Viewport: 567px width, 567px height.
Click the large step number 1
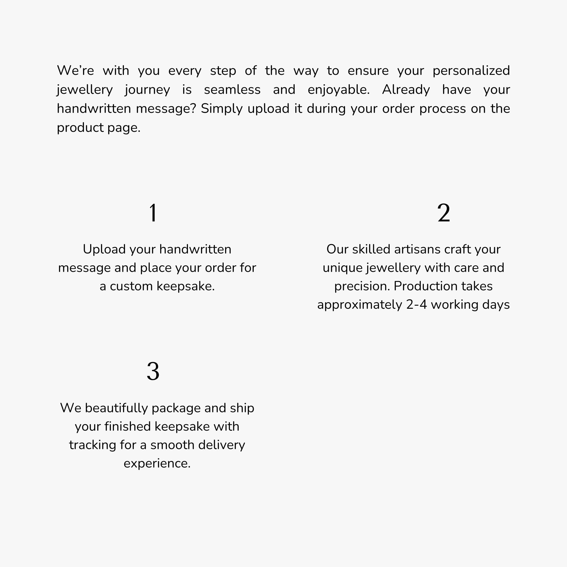pyautogui.click(x=153, y=213)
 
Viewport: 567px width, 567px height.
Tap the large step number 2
pyautogui.click(x=443, y=213)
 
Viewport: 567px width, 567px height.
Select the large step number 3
pyautogui.click(x=153, y=372)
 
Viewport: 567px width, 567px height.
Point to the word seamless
pyautogui.click(x=232, y=90)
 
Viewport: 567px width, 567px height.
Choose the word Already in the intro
pyautogui.click(x=406, y=90)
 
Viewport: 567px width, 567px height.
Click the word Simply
pyautogui.click(x=222, y=109)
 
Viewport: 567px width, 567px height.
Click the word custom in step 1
pyautogui.click(x=131, y=286)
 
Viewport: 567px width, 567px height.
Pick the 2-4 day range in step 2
pyautogui.click(x=416, y=305)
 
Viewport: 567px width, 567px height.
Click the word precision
pyautogui.click(x=362, y=286)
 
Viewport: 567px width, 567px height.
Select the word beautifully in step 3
pyautogui.click(x=116, y=408)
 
